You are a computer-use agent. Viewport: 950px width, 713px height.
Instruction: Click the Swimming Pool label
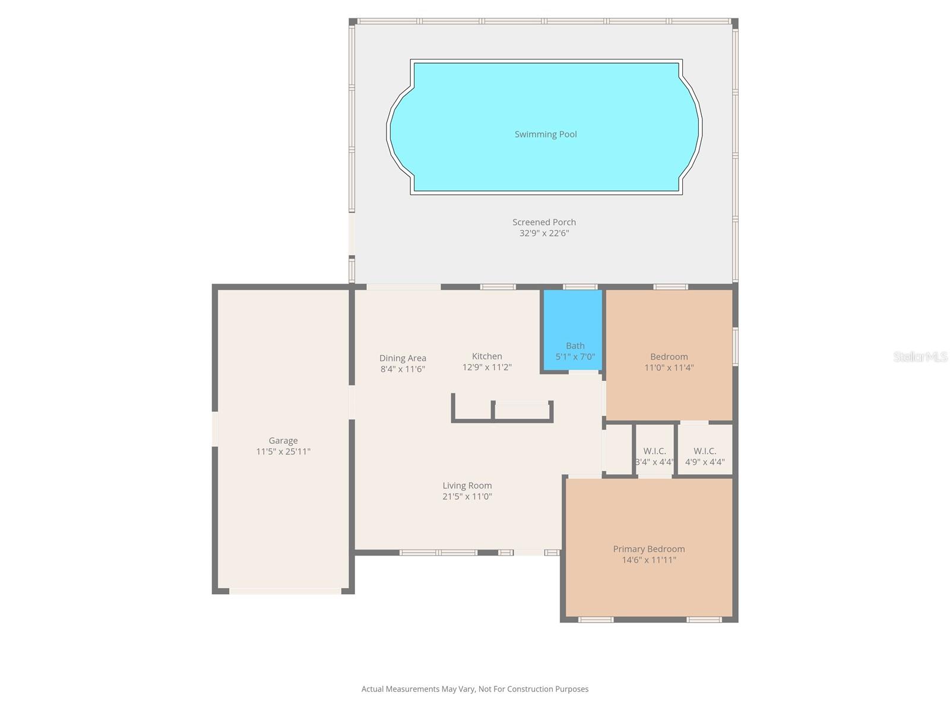click(545, 134)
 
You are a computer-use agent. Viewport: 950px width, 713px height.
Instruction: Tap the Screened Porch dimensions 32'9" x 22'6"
click(544, 234)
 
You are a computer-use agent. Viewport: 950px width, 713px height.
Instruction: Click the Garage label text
click(283, 440)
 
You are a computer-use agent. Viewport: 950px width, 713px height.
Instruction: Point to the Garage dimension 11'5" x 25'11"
click(283, 452)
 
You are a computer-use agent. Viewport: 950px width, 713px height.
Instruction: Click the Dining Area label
click(403, 358)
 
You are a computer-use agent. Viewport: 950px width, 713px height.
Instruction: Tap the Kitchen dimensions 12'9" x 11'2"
click(487, 367)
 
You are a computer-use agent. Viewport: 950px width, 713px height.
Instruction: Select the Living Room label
click(467, 485)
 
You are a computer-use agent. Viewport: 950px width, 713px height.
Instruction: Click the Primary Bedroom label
click(649, 549)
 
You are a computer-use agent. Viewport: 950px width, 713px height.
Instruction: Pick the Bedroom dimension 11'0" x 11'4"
click(669, 368)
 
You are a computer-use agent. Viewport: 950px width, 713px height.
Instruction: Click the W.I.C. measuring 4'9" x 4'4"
click(705, 456)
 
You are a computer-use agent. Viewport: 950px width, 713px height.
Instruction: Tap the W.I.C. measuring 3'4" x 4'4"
click(654, 456)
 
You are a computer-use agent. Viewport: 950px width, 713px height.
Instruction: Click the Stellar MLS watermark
click(920, 357)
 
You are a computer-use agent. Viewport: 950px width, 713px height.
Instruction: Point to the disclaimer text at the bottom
click(475, 689)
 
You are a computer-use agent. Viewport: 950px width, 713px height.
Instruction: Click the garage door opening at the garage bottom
click(285, 591)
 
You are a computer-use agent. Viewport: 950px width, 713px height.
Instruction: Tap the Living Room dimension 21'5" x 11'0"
click(467, 497)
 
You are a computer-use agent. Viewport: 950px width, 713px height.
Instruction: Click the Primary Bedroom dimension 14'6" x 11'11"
click(649, 560)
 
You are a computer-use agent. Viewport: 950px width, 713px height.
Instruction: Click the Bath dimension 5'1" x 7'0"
click(575, 357)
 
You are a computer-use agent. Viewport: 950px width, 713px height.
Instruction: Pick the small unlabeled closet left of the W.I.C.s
click(618, 449)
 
